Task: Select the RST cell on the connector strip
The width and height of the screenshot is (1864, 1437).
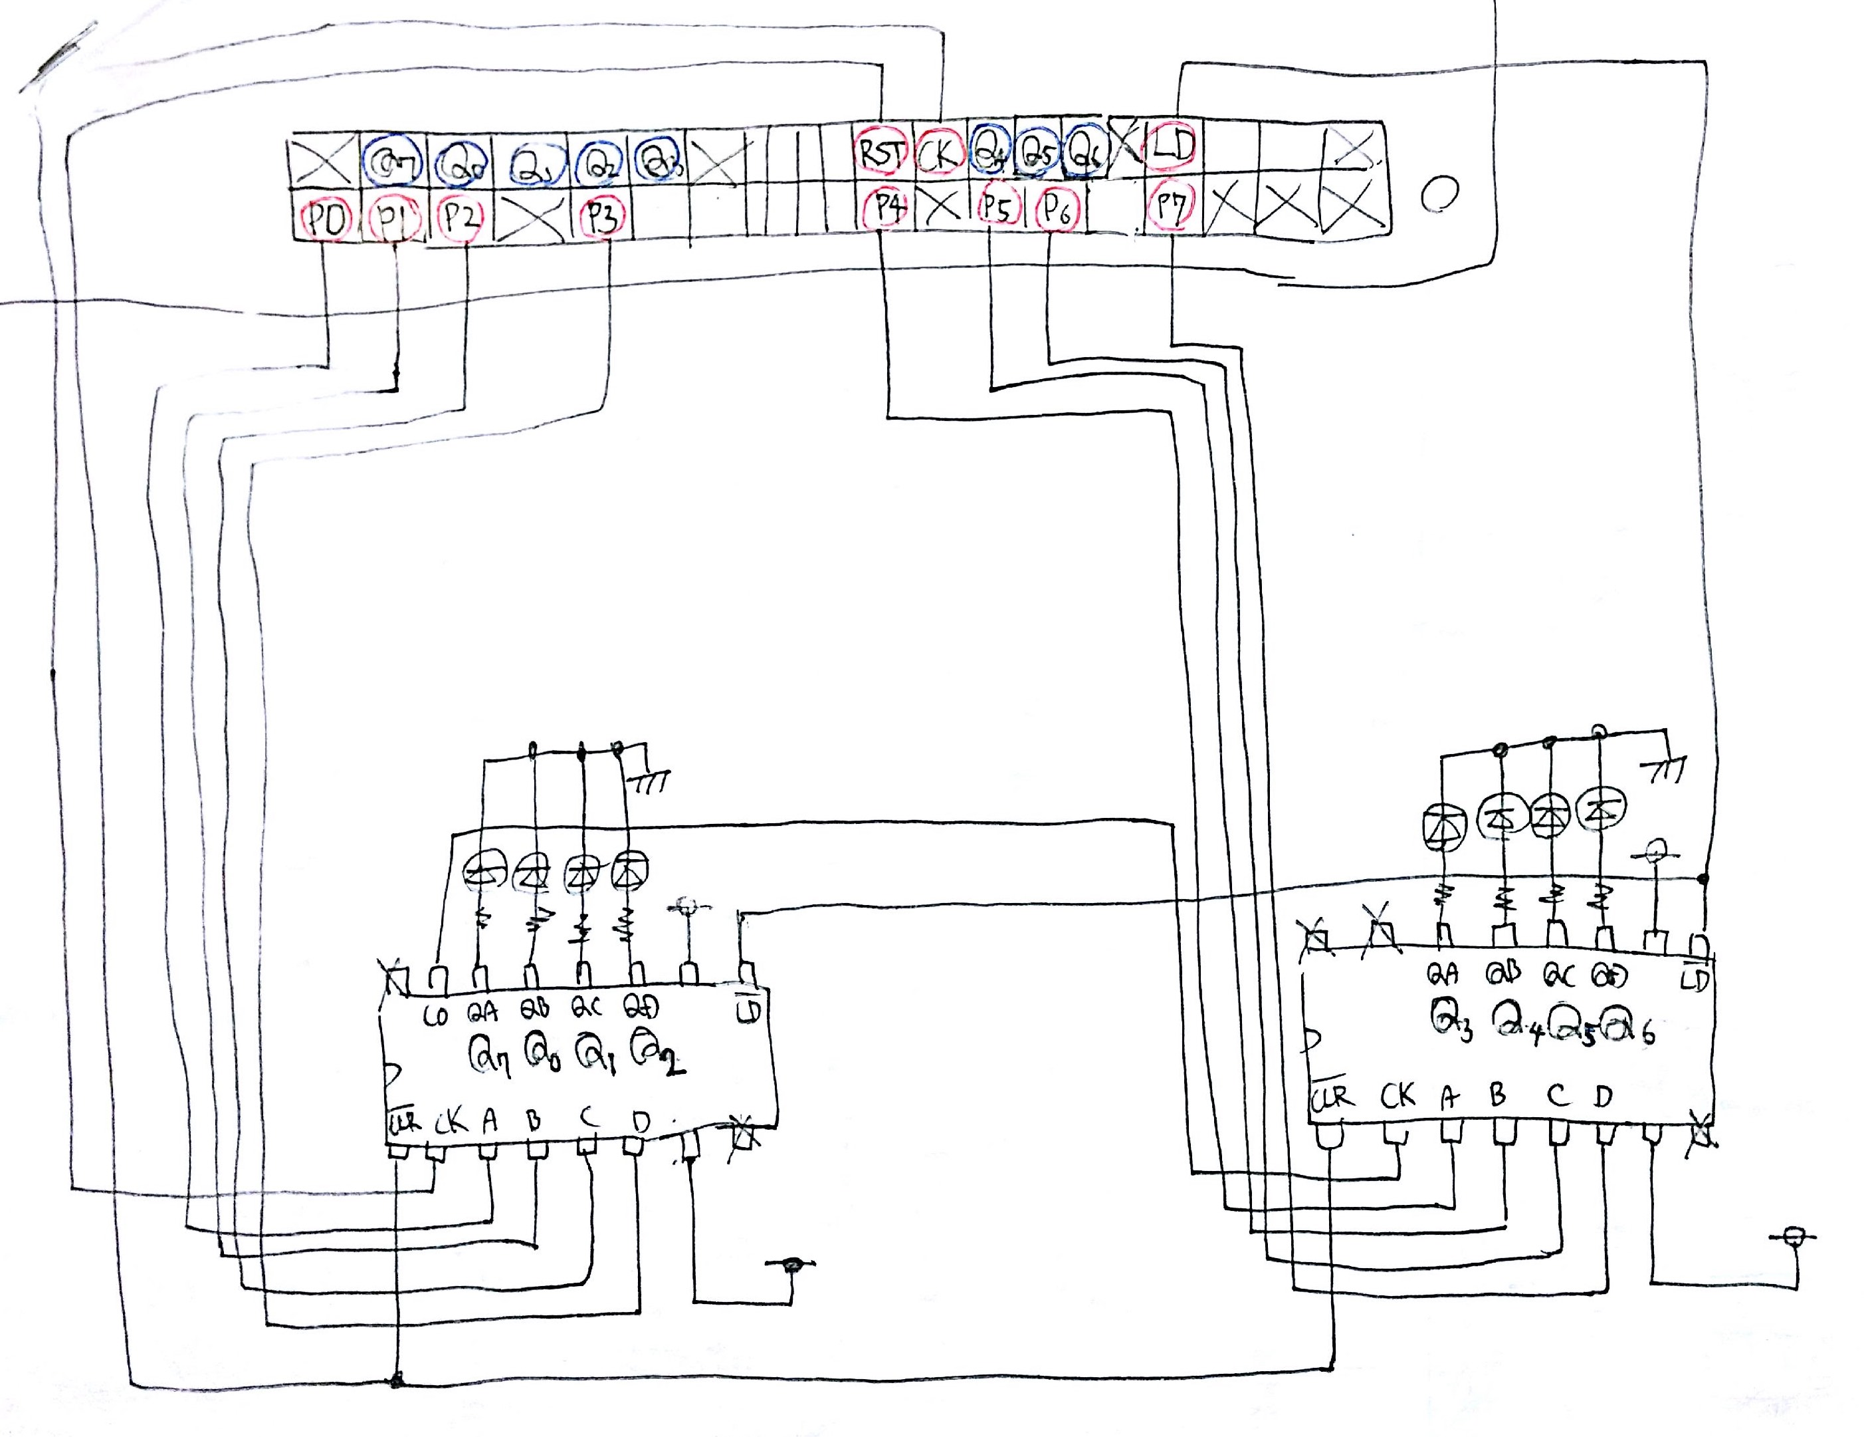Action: coord(880,154)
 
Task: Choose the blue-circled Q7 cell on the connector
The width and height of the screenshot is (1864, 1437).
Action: coord(391,159)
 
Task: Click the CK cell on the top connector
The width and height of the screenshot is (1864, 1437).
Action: coord(939,154)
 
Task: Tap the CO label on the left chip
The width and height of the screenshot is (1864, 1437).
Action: coord(436,1017)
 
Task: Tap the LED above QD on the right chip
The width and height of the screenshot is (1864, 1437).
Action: coord(1600,807)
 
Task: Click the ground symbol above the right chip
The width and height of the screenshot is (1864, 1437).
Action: coord(1664,771)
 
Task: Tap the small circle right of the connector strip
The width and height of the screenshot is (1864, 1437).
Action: coord(1440,193)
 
